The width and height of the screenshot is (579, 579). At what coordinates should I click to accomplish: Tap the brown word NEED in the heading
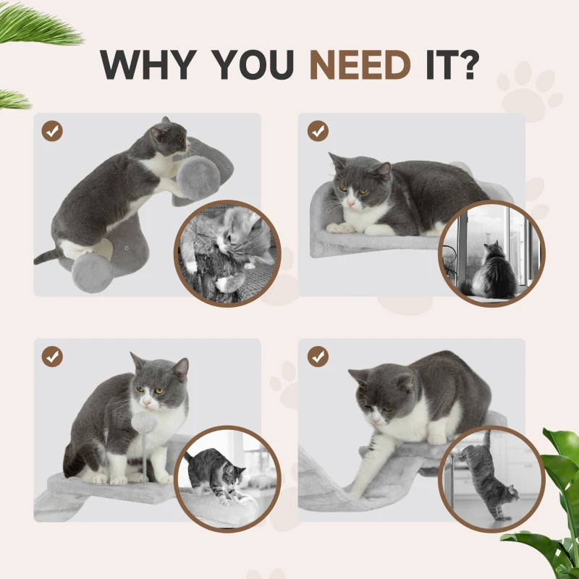click(x=360, y=65)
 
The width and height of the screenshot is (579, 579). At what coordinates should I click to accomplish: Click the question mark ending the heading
click(x=468, y=65)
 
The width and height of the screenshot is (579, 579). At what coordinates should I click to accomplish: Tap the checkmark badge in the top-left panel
click(x=52, y=131)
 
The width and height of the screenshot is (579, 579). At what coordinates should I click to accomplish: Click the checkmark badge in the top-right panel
click(x=318, y=131)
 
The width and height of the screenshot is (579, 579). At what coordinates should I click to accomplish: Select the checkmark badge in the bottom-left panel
click(x=52, y=356)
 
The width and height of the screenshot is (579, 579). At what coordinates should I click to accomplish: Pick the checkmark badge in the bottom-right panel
click(x=318, y=356)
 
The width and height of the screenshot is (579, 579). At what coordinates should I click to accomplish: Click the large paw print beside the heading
click(x=531, y=90)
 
